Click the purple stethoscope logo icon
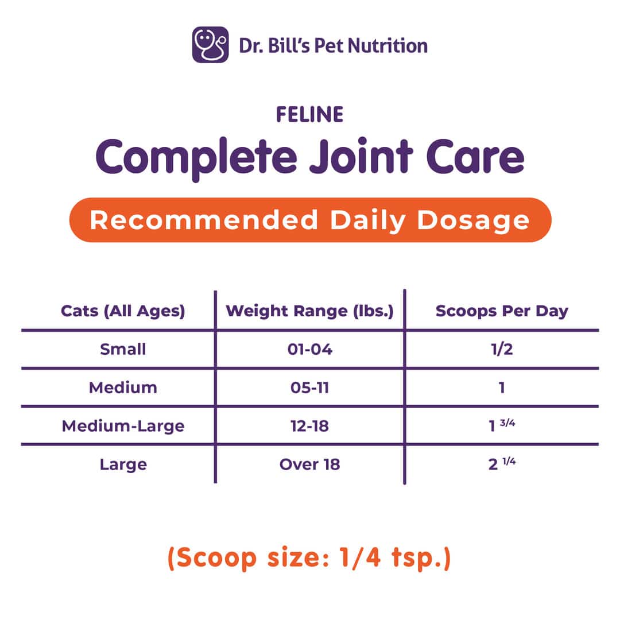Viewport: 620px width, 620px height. coord(210,45)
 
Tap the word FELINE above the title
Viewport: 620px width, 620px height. coord(310,115)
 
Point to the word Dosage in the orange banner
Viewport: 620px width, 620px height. coord(473,220)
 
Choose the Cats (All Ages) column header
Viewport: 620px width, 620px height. coord(123,311)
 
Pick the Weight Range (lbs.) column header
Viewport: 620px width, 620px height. coord(309,311)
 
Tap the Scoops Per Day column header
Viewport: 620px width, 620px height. coord(502,311)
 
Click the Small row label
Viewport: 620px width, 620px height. coord(123,349)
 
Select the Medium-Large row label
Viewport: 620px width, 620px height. coord(123,426)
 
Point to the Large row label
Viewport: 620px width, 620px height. coord(123,464)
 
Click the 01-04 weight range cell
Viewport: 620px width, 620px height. coord(310,349)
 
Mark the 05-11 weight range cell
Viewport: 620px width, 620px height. coord(309,387)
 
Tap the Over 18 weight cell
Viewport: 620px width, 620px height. coord(309,464)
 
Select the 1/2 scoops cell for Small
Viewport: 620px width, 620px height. coord(502,349)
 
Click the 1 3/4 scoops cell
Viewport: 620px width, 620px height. coord(502,425)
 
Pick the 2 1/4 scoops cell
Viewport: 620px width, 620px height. coord(502,463)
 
